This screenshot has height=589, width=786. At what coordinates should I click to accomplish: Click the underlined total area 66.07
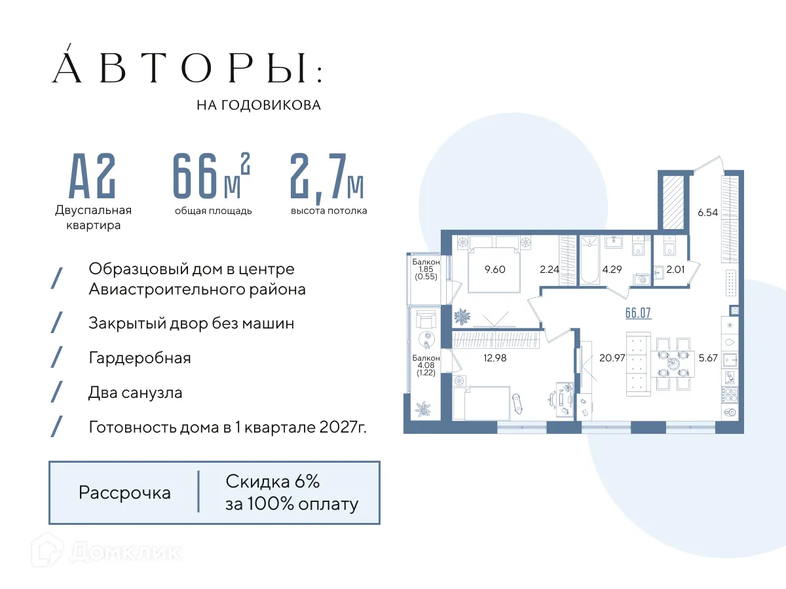coord(639,312)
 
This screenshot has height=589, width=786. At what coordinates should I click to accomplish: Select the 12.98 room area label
coord(495,357)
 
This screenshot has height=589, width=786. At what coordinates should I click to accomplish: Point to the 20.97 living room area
coord(610,357)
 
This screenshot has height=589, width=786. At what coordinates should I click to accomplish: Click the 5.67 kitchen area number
coord(709,357)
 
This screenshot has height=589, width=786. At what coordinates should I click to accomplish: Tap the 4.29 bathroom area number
coord(612,268)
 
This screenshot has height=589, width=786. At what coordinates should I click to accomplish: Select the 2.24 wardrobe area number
coord(549,268)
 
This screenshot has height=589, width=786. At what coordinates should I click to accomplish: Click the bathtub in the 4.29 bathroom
coord(589,262)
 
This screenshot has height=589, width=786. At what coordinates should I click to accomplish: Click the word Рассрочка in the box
coord(124,492)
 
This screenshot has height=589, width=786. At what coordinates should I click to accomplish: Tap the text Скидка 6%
coord(272,482)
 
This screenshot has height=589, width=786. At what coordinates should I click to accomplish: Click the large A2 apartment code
coord(93,177)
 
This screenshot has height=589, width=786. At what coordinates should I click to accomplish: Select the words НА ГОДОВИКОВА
coord(259,105)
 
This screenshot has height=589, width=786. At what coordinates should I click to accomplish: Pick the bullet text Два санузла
coord(136,393)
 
